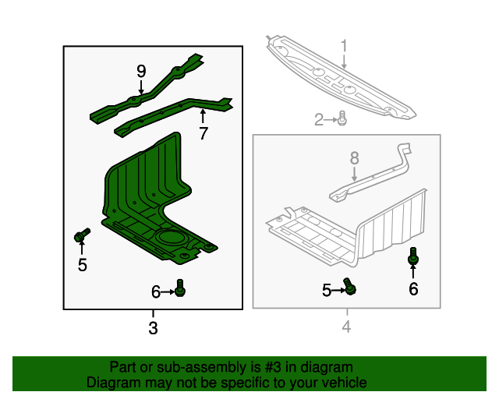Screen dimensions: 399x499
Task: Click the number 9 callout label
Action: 141,71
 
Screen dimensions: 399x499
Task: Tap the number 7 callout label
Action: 203,133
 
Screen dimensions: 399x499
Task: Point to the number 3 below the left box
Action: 153,329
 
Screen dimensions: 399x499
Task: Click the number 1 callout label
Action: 343,48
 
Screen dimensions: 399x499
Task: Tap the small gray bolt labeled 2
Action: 342,119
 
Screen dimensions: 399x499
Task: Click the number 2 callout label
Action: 319,119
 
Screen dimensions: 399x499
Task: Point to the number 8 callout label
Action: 354,158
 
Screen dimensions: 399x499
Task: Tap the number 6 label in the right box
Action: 413,289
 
